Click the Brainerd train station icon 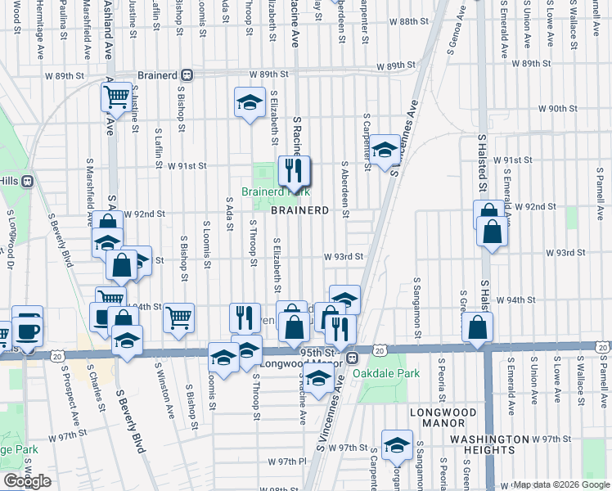coord(187,74)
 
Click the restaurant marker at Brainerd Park coord(290,171)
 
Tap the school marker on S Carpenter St coord(384,150)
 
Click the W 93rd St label coord(343,256)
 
